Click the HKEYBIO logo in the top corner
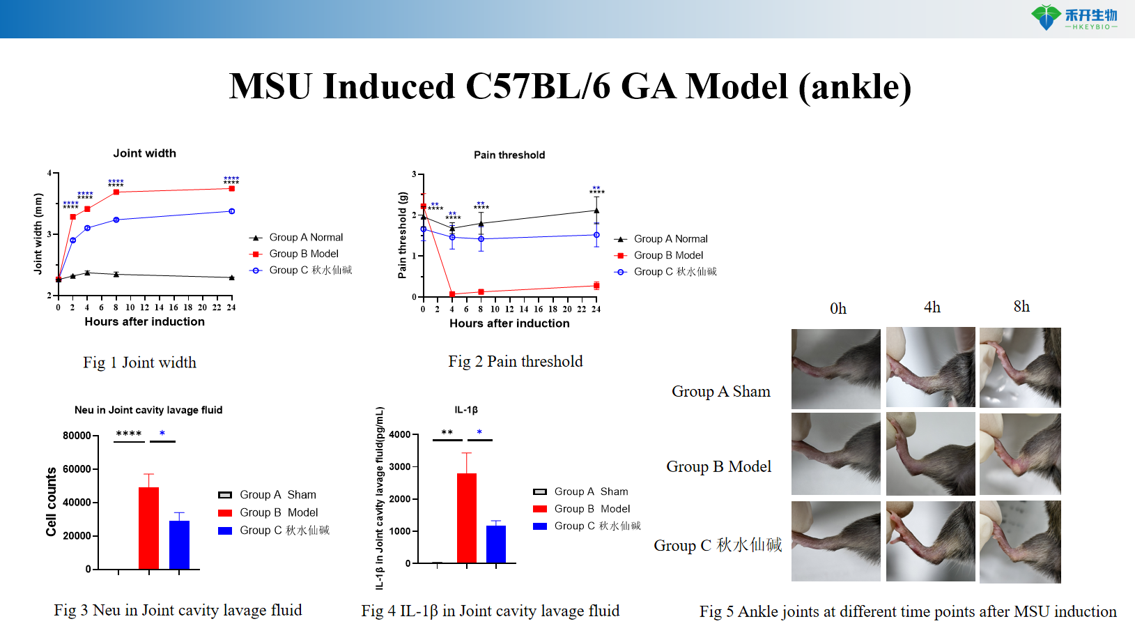[x=1074, y=17]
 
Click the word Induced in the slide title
[x=389, y=87]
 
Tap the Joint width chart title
[x=145, y=153]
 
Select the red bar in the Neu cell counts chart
[x=148, y=528]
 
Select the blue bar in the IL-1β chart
[x=496, y=544]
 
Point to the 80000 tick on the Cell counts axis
[x=77, y=436]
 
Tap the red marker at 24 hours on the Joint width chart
[x=231, y=188]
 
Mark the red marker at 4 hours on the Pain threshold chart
[x=452, y=294]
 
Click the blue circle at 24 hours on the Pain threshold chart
[x=596, y=235]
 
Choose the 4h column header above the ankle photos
[x=932, y=307]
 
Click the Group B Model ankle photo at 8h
[x=1020, y=454]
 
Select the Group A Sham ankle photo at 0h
[x=835, y=368]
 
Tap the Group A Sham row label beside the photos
[x=720, y=392]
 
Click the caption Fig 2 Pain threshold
[x=515, y=361]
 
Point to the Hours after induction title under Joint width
[x=145, y=322]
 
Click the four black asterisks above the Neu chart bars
[x=129, y=434]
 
